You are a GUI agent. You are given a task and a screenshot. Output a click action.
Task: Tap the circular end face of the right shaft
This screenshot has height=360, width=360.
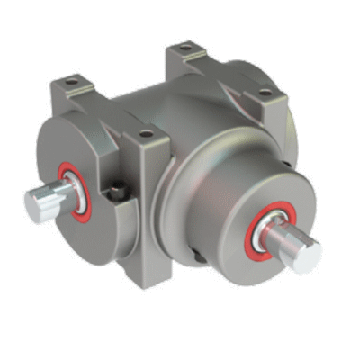[x=309, y=257]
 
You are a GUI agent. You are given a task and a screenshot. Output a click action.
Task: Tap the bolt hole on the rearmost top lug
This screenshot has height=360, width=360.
[x=185, y=47]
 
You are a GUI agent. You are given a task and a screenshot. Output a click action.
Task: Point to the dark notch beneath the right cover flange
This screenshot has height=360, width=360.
[x=198, y=261]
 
